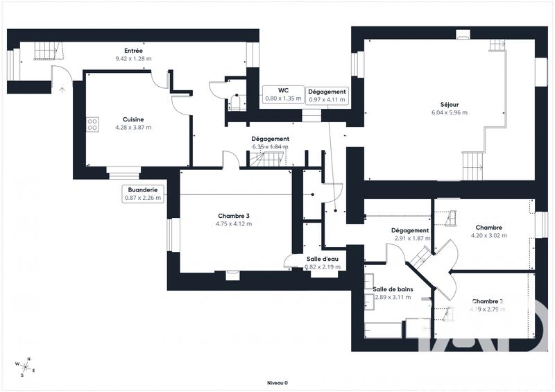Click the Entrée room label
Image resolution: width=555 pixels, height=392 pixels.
click(x=134, y=51)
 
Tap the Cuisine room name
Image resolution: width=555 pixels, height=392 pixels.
click(x=133, y=119)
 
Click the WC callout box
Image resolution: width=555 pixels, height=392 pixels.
click(x=283, y=94)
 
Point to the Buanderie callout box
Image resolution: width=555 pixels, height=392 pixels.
click(x=144, y=194)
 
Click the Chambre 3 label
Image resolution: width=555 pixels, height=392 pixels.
click(x=233, y=216)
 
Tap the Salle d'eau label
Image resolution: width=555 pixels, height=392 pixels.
click(x=323, y=259)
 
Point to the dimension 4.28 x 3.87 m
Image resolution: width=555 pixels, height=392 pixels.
click(x=133, y=128)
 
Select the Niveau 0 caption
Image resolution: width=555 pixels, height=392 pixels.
click(x=277, y=382)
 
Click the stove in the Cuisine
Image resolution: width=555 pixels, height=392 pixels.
click(x=92, y=124)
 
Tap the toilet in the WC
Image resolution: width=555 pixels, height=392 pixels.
click(x=237, y=103)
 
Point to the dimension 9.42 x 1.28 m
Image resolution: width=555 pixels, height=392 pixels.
click(x=134, y=58)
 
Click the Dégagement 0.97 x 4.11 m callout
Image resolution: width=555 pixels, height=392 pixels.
click(x=327, y=95)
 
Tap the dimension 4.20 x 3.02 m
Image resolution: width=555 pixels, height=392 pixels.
click(x=489, y=235)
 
